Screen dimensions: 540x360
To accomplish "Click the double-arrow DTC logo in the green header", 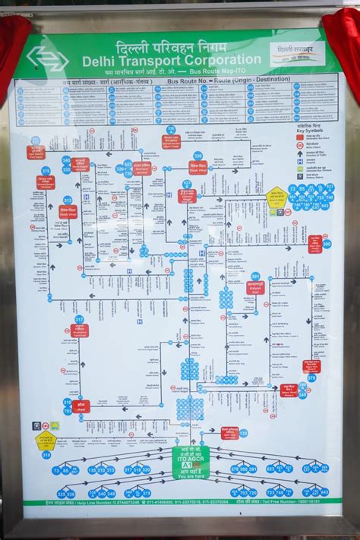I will pos(47,58).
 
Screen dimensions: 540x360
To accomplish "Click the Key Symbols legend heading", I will pos(311,131).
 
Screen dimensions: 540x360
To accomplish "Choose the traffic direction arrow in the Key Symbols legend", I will pos(300,152).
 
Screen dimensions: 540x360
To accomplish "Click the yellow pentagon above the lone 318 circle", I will pos(46,440).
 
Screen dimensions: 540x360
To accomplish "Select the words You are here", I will pos(190,476).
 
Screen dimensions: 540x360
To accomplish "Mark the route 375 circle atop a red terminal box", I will pos(46,171).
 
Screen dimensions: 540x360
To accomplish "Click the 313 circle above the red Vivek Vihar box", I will pos(68,201).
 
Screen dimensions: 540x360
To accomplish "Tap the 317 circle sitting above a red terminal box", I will pos(79,320).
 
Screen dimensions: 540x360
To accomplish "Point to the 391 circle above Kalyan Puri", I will pos(255,276).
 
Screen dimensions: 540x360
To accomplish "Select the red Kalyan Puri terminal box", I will pos(255,287).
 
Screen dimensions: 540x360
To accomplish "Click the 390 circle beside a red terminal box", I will pos(327,244).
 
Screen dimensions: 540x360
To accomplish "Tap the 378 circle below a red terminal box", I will pos(311,377).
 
